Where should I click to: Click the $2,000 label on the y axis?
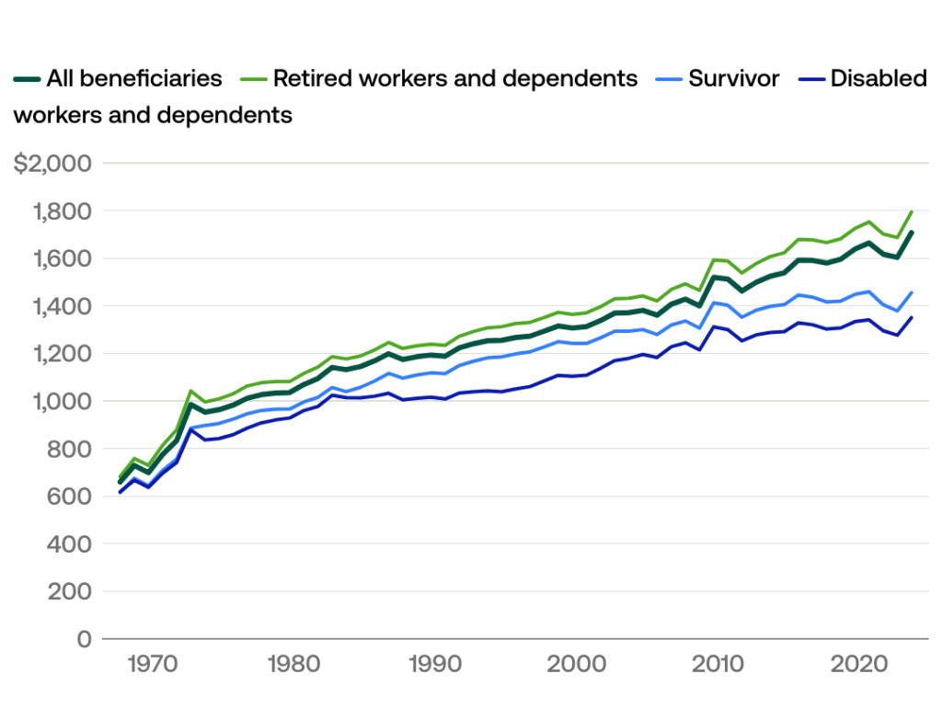[x=52, y=164]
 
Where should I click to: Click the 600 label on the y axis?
[x=70, y=496]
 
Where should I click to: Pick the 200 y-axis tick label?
[x=70, y=591]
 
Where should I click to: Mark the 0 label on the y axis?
[x=84, y=639]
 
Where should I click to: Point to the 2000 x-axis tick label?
[x=576, y=663]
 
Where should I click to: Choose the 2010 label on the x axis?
[x=718, y=663]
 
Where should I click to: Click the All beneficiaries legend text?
[x=134, y=79]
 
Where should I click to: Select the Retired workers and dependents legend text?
[x=455, y=79]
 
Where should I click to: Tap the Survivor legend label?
[x=734, y=79]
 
